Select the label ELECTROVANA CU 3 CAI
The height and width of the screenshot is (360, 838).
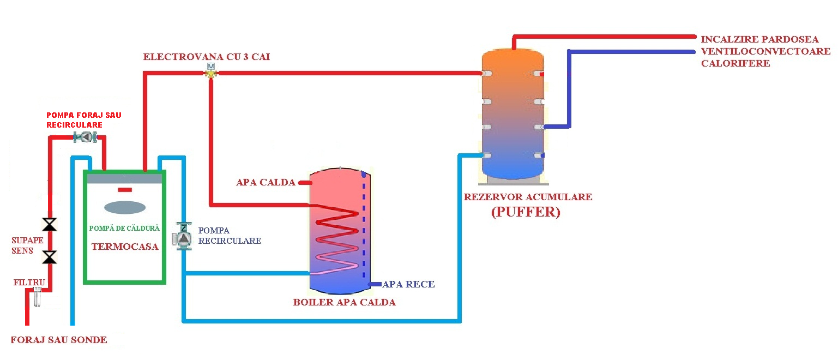coord(206,57)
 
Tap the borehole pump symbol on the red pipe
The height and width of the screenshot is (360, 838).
coord(85,137)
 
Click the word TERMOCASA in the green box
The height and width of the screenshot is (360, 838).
coord(125,247)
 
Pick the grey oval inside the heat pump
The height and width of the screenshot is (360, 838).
coord(125,207)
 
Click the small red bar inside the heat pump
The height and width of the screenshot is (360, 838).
coord(125,190)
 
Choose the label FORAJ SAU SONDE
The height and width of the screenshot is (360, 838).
coord(59,340)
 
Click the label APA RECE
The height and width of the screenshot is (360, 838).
coord(408,284)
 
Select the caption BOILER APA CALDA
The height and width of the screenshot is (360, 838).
coord(344,302)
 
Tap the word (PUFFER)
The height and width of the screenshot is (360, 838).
coord(526,212)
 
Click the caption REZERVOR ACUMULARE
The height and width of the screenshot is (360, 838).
coord(528,197)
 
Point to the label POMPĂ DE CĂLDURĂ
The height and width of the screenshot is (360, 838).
coord(124,228)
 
